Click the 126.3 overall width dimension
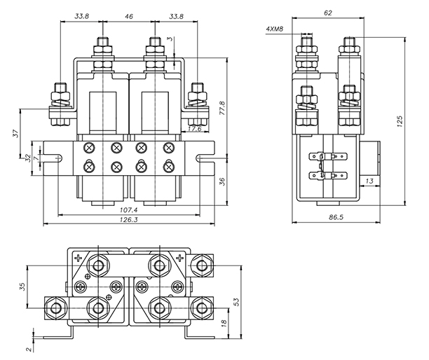click(128, 219)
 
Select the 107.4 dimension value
click(128, 209)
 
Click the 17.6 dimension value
click(194, 129)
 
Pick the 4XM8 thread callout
click(275, 30)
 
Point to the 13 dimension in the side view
click(368, 181)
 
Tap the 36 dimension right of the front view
click(222, 181)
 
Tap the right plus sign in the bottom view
click(181, 259)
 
